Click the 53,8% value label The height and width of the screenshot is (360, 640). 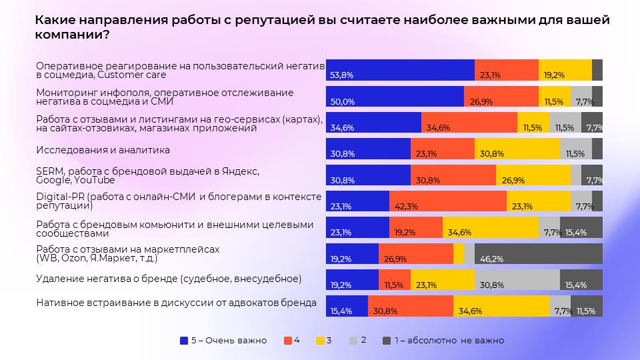341,75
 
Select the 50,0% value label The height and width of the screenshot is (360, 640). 341,102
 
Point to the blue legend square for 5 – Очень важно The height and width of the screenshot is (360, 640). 184,340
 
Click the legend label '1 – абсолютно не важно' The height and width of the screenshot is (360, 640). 449,340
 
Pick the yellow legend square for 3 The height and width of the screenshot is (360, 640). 320,340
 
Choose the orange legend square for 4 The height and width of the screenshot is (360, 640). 287,340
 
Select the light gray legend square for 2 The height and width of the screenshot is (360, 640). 354,340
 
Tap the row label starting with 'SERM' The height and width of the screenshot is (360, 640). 147,175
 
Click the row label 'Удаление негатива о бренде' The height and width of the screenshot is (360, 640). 169,279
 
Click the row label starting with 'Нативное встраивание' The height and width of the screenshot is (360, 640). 176,303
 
